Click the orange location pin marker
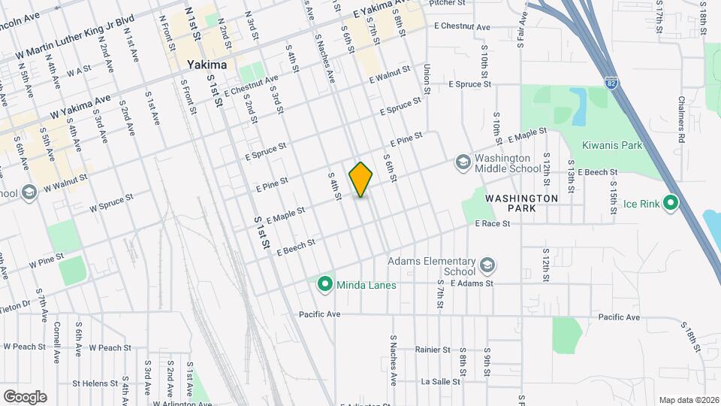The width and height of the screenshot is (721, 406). (361, 179)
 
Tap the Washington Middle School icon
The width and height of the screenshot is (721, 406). (462, 162)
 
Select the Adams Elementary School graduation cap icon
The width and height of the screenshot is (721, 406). (487, 265)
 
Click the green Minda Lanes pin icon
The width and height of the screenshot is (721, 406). (324, 284)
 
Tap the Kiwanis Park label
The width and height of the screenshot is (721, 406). (612, 144)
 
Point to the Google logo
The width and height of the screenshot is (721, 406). (25, 396)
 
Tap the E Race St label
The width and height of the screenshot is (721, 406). (493, 223)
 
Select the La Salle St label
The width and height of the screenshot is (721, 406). (440, 382)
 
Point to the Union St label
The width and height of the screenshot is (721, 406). (427, 78)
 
